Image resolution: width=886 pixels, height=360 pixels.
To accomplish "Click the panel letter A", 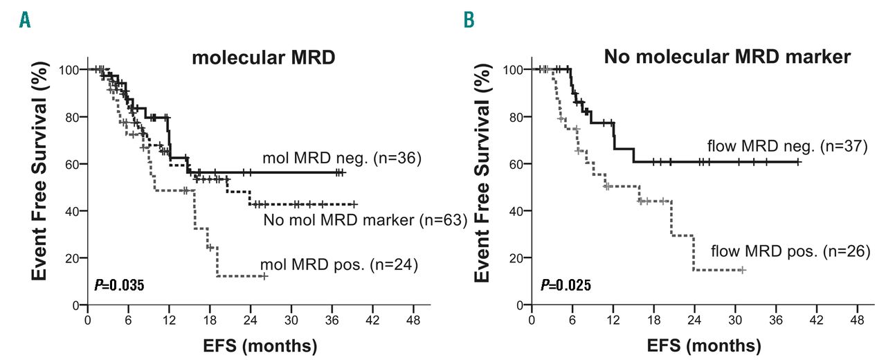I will coord(25,21).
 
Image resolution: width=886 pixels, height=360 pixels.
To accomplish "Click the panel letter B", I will coord(469,21).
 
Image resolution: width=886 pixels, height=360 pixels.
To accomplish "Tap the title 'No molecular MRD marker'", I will coord(727,57).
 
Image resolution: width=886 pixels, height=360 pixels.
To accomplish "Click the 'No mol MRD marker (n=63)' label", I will coord(365,221).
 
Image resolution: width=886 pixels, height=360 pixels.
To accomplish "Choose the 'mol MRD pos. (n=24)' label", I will coord(339,264).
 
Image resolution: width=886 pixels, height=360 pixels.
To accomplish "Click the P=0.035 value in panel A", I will coord(118,285).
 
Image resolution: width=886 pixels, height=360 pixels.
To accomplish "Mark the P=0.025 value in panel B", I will coord(566,285).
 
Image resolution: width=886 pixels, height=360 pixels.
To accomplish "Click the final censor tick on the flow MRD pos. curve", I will coord(742,269).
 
